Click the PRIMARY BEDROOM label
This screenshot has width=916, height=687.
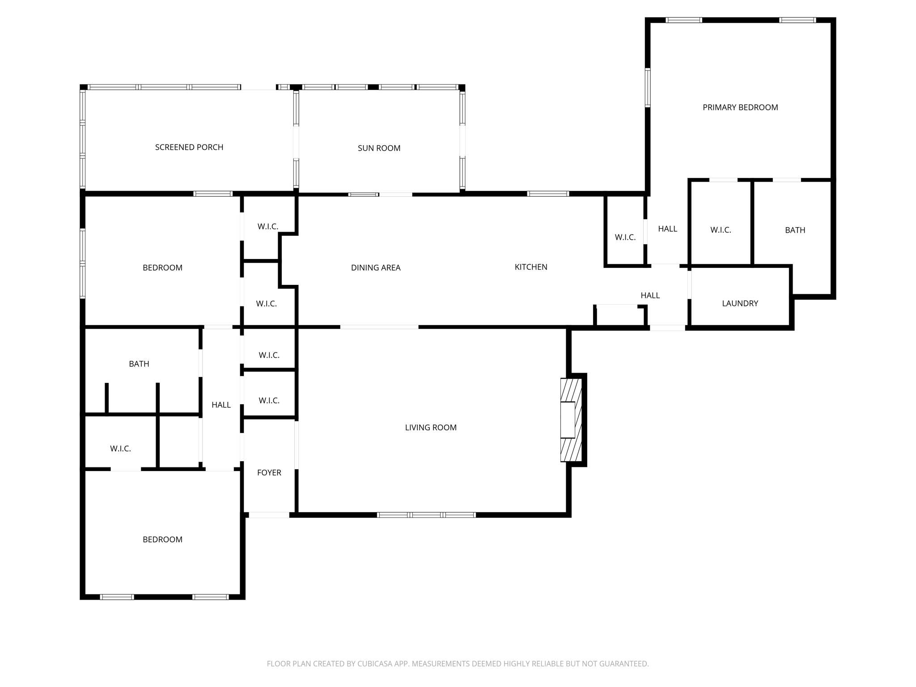click(740, 107)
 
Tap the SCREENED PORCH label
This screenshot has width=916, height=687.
click(189, 147)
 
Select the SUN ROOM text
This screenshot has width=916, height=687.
click(379, 148)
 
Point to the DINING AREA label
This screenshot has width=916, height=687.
click(375, 267)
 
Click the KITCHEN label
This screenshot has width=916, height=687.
click(531, 267)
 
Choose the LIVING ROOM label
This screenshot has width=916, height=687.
click(430, 428)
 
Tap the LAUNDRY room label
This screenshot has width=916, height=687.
click(740, 303)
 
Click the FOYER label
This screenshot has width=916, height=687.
click(269, 473)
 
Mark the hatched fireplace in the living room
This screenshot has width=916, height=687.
click(571, 420)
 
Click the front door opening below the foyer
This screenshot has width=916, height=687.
click(269, 515)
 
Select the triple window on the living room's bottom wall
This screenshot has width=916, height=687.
click(426, 515)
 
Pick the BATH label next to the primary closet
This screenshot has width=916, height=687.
click(795, 230)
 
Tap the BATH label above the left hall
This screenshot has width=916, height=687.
click(139, 364)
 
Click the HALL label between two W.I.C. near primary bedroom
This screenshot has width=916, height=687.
click(667, 229)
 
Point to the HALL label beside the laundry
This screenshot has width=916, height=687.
click(650, 296)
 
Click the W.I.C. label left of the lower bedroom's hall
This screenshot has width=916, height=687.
click(120, 449)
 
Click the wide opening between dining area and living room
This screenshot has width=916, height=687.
click(379, 327)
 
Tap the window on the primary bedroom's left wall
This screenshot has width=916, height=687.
click(647, 88)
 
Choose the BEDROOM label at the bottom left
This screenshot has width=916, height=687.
click(162, 540)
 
